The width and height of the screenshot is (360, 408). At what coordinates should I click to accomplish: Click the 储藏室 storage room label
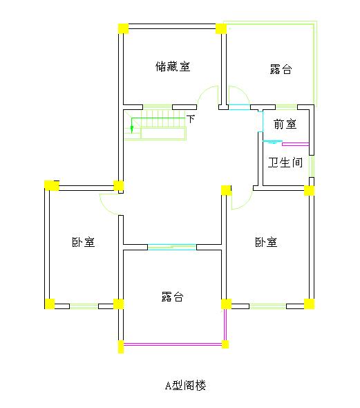(x=173, y=66)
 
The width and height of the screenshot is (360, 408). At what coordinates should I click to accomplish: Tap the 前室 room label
(x=285, y=124)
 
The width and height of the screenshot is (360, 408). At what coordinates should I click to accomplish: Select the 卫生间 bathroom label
(x=285, y=163)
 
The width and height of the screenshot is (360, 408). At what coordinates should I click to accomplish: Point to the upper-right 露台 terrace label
(x=281, y=69)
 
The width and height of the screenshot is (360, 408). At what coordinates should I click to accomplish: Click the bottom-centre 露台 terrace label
(x=173, y=297)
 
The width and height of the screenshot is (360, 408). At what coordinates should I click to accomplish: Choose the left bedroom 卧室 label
(x=83, y=242)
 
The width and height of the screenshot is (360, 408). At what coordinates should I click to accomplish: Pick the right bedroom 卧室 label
(x=266, y=242)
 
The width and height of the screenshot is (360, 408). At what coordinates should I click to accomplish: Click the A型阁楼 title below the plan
(x=186, y=385)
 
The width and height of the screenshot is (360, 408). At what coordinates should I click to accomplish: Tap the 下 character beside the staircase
(x=191, y=119)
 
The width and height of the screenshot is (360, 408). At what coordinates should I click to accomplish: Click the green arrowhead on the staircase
(x=132, y=129)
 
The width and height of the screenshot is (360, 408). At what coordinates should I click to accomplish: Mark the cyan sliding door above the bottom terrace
(x=172, y=247)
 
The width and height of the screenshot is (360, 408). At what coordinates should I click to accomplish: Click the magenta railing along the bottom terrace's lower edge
(x=173, y=344)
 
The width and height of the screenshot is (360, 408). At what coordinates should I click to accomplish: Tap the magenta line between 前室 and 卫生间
(x=295, y=144)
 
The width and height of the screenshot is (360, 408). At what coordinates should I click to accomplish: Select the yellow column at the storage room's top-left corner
(x=123, y=28)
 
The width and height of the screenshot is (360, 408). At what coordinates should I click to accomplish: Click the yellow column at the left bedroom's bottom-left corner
(x=49, y=304)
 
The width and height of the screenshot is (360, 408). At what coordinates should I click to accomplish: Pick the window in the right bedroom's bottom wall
(x=267, y=306)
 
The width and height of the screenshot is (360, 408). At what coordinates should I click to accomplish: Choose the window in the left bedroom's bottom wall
(x=84, y=306)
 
